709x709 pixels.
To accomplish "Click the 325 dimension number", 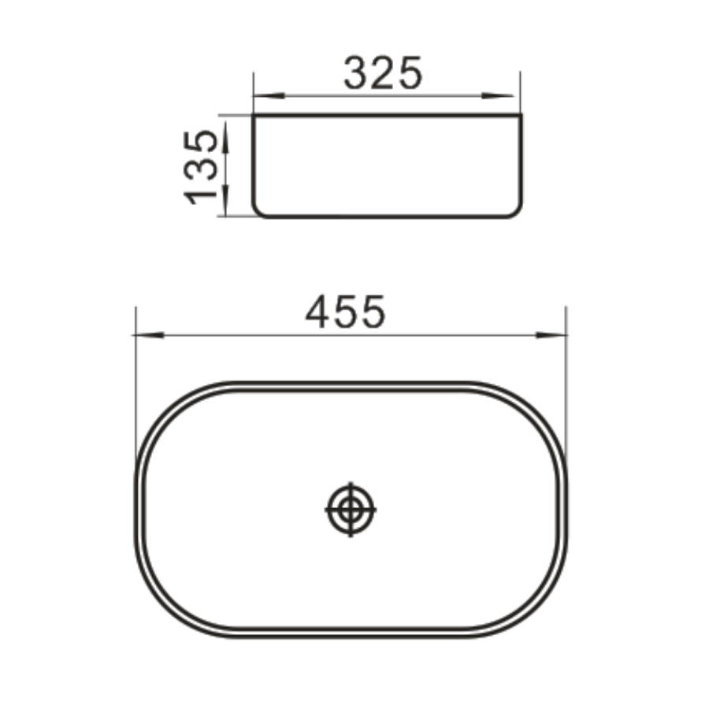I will [384, 74].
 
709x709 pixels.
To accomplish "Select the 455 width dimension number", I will [346, 312].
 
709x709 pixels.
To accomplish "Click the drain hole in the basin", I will [351, 509].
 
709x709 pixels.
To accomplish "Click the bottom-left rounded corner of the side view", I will [258, 210].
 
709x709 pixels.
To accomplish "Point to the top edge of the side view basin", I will [386, 116].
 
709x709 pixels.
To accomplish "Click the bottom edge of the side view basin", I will [386, 216].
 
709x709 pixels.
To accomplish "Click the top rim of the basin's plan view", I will [351, 386].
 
